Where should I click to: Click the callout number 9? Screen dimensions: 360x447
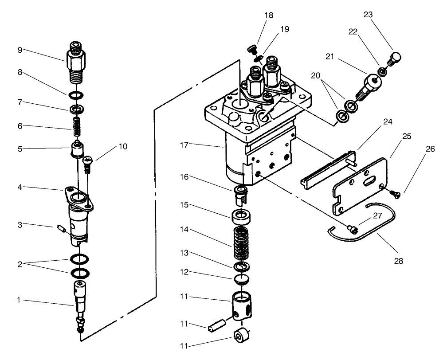point(20,50)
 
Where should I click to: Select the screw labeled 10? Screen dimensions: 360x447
point(88,163)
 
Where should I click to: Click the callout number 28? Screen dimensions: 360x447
point(398,261)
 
